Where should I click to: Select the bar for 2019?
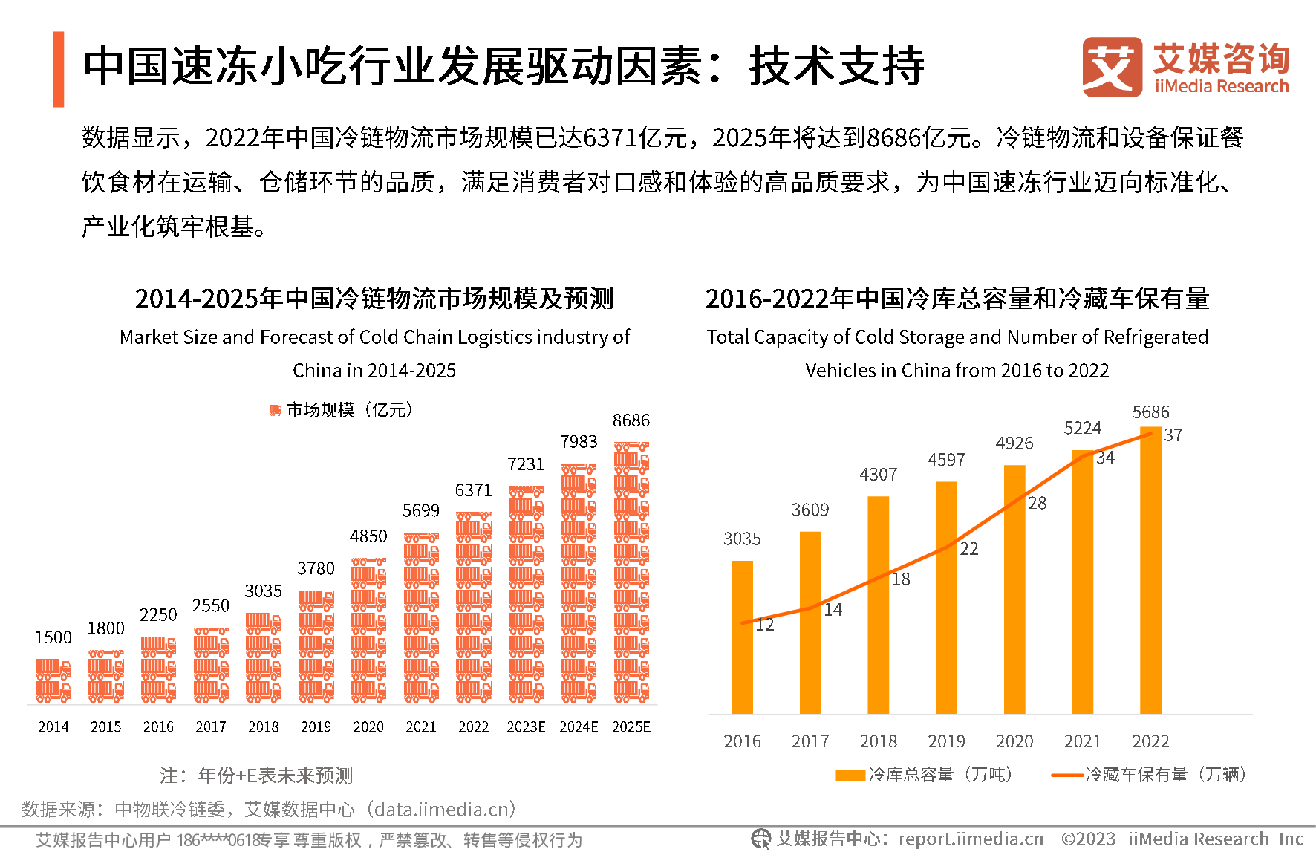pos(946,598)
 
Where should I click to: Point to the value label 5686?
pos(1150,412)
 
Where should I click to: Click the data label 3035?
pos(742,539)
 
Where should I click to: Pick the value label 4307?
pos(878,475)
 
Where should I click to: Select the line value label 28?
pos(1038,504)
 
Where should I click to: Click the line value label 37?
pos(1173,435)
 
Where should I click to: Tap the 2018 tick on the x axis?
pos(878,741)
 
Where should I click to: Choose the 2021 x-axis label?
pos(1082,741)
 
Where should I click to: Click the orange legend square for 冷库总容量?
pos(850,776)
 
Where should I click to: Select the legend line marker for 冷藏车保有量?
pos(1067,776)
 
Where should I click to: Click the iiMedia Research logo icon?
pos(1112,67)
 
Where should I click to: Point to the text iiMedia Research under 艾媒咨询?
pos(1222,86)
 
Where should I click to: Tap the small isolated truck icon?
pos(275,410)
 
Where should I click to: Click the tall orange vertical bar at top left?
pos(59,69)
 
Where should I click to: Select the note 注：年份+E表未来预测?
pos(256,776)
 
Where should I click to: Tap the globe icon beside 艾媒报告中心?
pos(760,839)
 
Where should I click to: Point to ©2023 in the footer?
pos(1088,839)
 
